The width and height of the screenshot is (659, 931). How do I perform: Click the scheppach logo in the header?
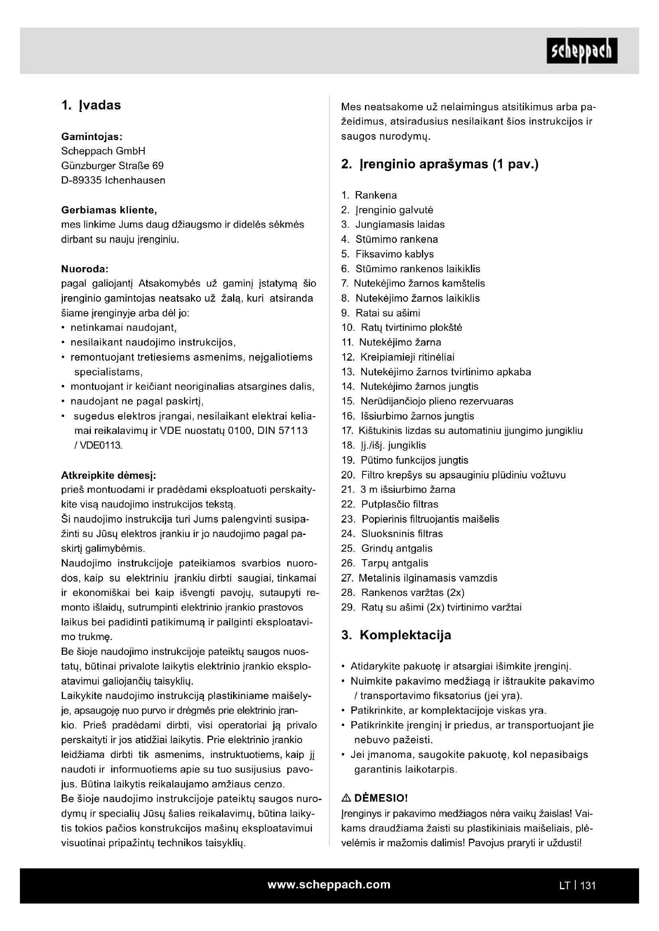581,51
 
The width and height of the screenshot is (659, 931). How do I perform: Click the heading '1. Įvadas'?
91,105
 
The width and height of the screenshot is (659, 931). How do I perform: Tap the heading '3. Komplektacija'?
396,634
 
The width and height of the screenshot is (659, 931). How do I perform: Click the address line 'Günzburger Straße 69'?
112,166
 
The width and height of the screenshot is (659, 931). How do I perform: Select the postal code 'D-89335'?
81,180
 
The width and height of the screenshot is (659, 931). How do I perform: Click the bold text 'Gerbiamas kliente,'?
109,210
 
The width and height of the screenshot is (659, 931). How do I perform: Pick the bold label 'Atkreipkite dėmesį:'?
108,475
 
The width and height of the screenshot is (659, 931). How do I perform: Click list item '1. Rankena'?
369,195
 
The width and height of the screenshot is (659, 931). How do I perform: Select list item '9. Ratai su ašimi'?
380,313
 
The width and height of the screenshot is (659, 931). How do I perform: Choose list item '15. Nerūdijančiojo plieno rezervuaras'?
427,401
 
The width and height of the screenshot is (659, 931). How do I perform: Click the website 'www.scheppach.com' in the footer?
329,884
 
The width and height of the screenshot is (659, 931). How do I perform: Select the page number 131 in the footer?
588,886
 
